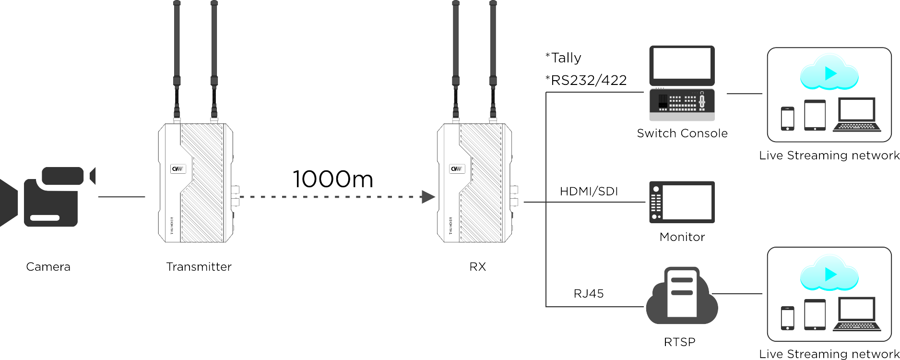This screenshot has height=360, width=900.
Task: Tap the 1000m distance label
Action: point(333,179)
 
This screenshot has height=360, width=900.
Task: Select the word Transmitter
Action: point(199,267)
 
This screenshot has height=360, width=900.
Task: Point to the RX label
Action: point(477,267)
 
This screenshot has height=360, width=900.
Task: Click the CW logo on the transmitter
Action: point(178,169)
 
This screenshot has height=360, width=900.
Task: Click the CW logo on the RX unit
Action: point(457,169)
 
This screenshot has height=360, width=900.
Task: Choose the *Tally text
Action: point(563,58)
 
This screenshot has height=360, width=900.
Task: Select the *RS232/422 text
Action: point(586,80)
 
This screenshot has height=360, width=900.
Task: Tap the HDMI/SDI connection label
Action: point(589,192)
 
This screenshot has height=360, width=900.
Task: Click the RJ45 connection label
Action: point(589,293)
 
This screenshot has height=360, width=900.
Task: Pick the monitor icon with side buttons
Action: point(682,202)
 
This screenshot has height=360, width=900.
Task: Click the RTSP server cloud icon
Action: point(682,296)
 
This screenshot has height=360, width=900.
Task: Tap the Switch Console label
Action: point(682,133)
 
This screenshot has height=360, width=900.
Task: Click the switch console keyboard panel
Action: point(682,105)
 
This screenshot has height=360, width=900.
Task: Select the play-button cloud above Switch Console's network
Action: point(829,73)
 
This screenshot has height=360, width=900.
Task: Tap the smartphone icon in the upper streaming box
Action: point(787,119)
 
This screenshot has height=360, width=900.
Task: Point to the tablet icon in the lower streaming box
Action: point(815,315)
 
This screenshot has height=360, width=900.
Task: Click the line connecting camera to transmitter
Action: point(121,197)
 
